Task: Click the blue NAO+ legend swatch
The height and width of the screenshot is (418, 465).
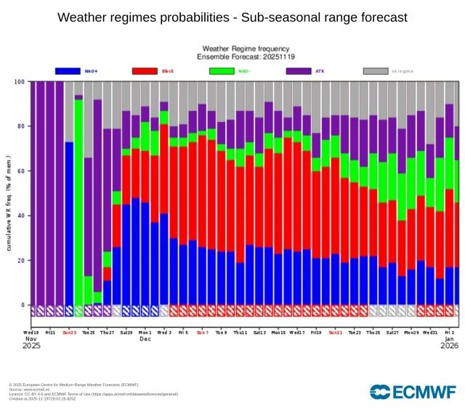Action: click(x=68, y=71)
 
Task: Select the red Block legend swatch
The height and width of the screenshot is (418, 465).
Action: click(x=145, y=71)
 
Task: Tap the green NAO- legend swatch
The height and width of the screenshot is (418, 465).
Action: click(x=222, y=71)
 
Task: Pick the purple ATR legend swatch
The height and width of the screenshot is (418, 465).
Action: click(x=299, y=71)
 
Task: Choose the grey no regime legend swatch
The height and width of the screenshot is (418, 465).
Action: click(x=375, y=71)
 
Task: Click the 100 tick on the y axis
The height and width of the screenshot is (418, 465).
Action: click(x=19, y=82)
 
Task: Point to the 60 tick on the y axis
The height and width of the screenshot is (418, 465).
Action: click(x=20, y=171)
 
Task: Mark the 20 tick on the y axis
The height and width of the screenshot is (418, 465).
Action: click(x=20, y=261)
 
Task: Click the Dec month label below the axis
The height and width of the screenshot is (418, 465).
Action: click(x=145, y=339)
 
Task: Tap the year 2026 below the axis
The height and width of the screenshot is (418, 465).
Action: click(x=449, y=346)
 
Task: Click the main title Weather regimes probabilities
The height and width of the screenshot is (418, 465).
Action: click(x=232, y=17)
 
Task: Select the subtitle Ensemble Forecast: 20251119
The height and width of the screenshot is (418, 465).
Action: click(x=246, y=56)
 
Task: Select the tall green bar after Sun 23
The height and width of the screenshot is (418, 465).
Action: click(x=78, y=203)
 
